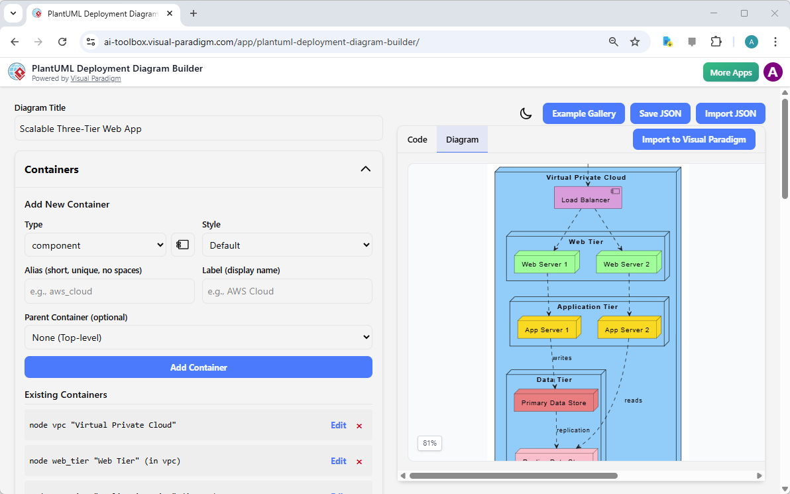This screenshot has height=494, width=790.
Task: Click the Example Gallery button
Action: (584, 113)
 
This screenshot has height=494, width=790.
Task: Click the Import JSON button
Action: (730, 113)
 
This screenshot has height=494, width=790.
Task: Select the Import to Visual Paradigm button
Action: (693, 139)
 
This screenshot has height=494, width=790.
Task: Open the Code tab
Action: (417, 139)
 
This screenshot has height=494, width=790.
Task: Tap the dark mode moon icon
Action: (526, 113)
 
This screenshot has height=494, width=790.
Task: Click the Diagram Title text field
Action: (198, 129)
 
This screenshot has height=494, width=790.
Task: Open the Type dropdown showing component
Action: (95, 245)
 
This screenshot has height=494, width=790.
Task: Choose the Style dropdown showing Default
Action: (286, 245)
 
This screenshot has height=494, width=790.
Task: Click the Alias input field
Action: (109, 291)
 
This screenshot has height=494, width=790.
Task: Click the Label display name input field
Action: (286, 291)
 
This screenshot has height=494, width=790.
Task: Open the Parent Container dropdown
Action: (198, 338)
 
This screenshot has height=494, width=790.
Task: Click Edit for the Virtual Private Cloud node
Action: (338, 425)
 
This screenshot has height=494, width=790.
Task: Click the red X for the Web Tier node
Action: (359, 462)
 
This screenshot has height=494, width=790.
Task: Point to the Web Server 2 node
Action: (626, 264)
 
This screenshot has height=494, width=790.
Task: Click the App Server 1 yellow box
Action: (547, 330)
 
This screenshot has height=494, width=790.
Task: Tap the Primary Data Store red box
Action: (554, 402)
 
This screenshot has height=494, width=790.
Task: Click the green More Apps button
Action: (730, 72)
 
